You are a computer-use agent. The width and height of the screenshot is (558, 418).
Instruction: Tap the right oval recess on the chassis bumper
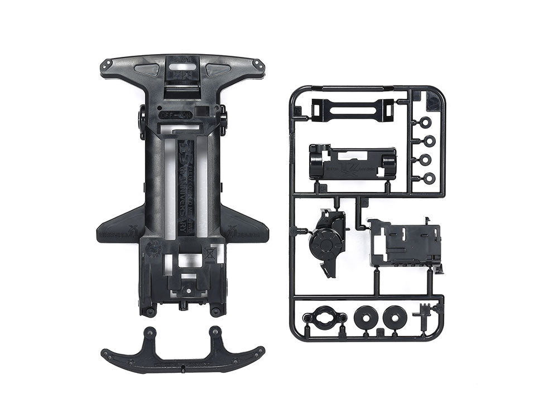tap(218, 70)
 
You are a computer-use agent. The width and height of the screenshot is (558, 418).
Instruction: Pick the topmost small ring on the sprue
tap(426, 123)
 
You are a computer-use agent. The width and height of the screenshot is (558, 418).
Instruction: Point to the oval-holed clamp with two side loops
tap(323, 318)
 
